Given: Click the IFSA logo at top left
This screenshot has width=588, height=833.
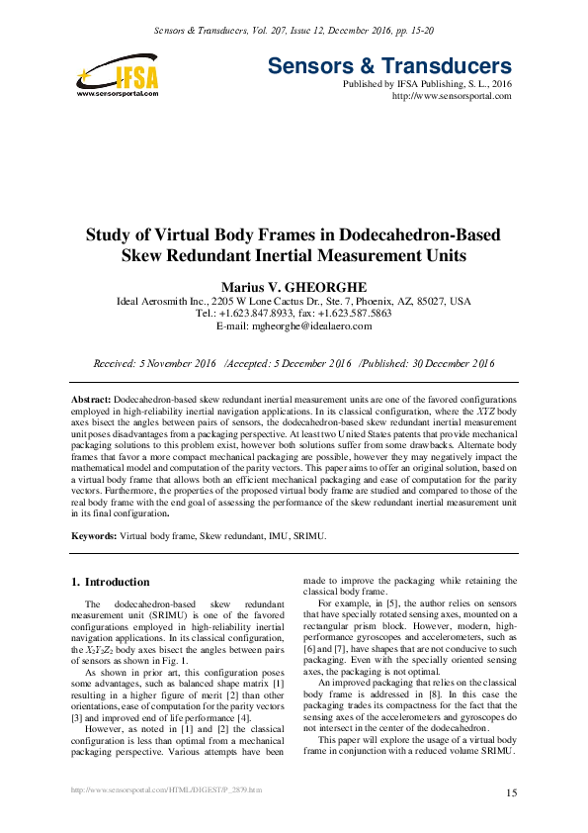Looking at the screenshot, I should coord(116,73).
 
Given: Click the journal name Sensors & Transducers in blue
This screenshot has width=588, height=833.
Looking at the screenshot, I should coord(389,67).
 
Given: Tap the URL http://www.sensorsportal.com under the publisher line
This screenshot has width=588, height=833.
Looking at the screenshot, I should coord(452,96).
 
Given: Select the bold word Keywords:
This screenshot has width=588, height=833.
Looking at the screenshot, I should coord(94,535).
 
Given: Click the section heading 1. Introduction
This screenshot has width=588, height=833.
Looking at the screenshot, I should coord(112,582).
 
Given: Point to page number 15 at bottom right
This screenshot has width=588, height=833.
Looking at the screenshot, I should coord(512,793).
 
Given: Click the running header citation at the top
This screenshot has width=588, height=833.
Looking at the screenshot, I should coord(294,33).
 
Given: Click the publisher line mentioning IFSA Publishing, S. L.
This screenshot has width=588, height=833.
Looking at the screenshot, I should coord(427,84).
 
